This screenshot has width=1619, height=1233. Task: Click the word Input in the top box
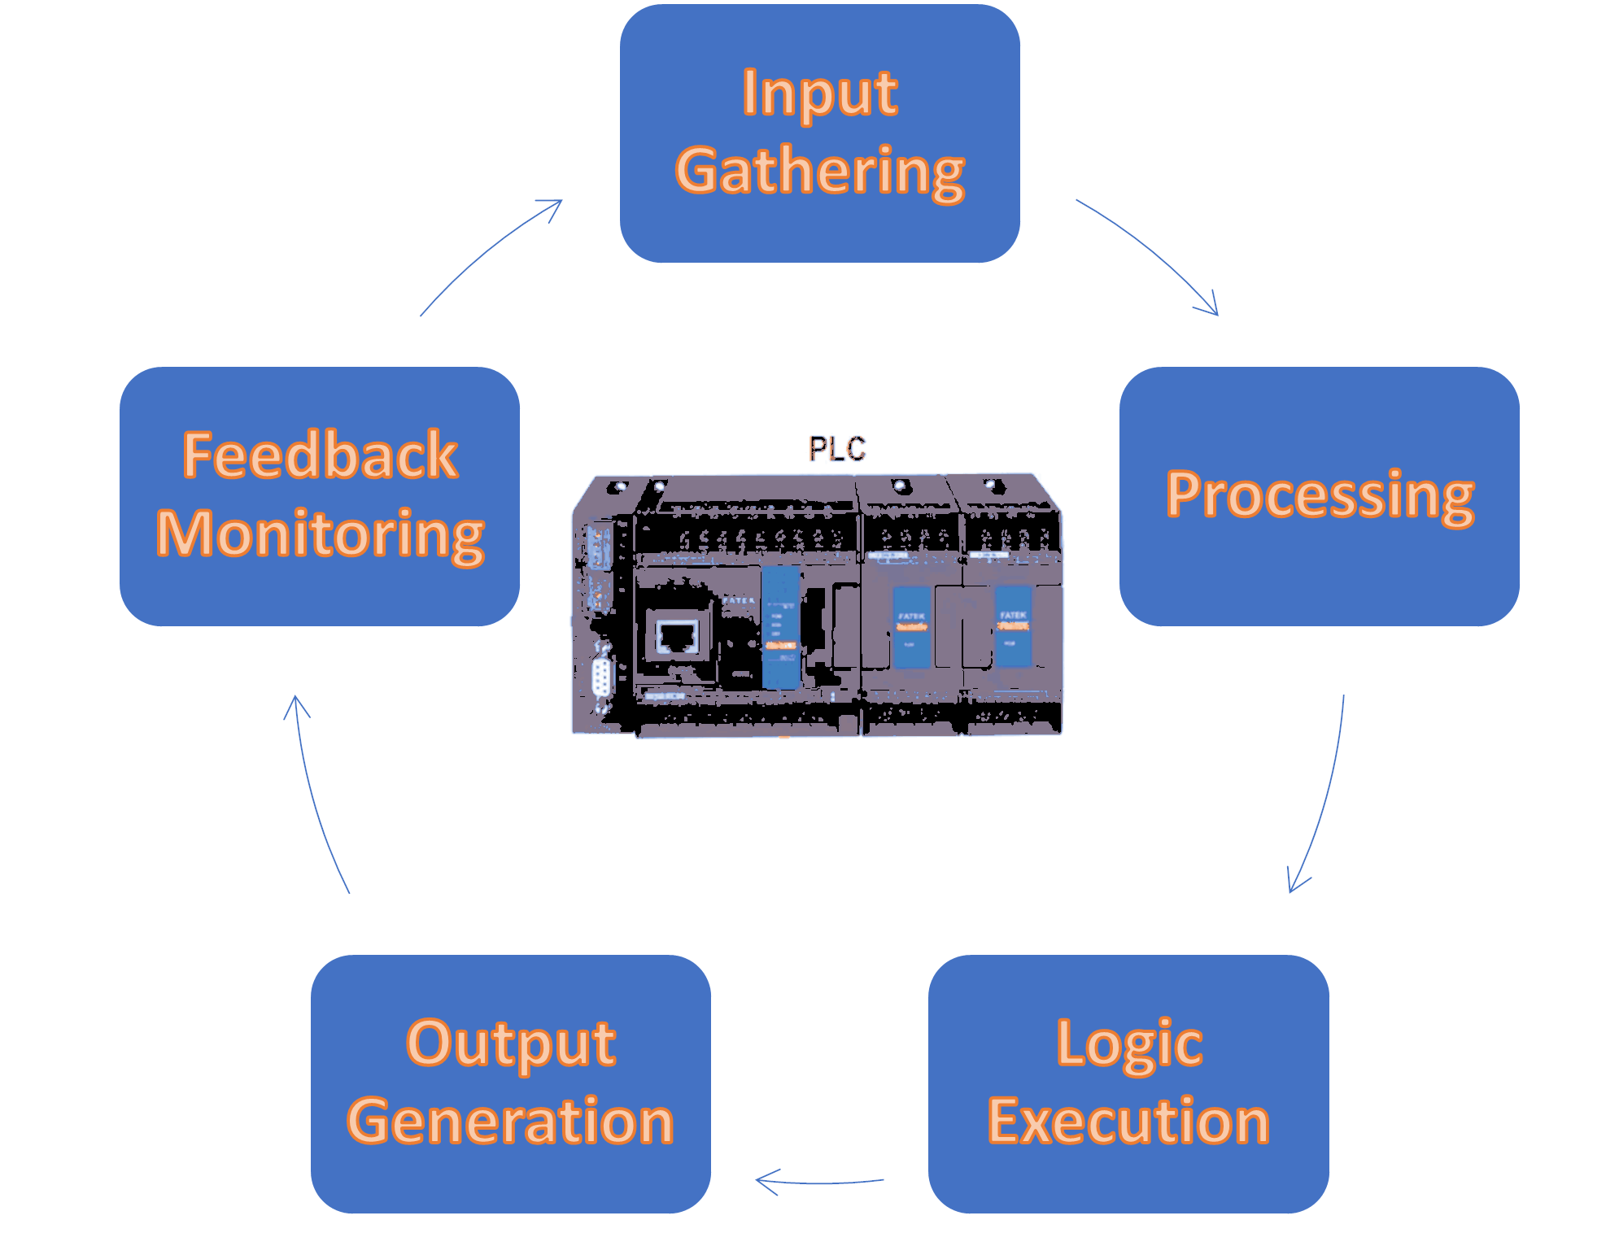(x=819, y=93)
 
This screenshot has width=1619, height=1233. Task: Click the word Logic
(x=1128, y=1043)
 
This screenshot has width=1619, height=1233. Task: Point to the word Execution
(x=1128, y=1122)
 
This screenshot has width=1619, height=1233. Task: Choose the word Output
(x=510, y=1043)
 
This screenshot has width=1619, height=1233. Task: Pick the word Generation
(x=510, y=1122)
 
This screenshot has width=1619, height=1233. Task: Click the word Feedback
(x=320, y=455)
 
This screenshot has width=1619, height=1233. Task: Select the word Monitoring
(x=320, y=534)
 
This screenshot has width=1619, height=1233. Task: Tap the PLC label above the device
(x=836, y=449)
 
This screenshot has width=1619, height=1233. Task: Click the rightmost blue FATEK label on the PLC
(x=1013, y=626)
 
